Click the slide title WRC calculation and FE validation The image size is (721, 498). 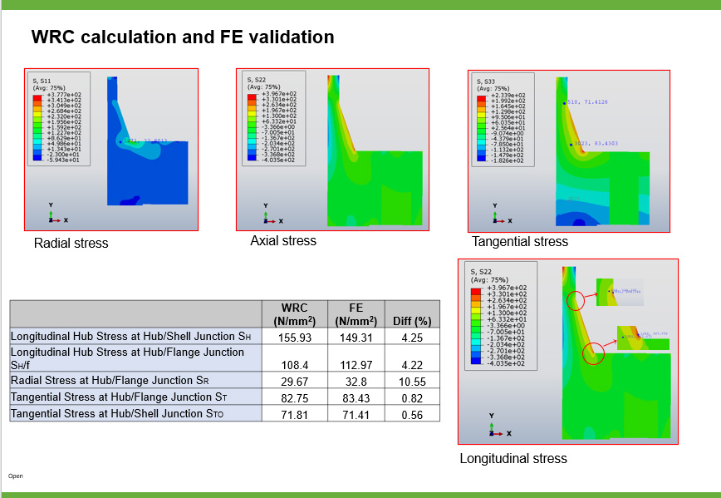pos(183,37)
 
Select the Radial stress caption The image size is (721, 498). pos(71,244)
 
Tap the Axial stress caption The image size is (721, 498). pos(283,241)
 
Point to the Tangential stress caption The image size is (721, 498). pos(520,242)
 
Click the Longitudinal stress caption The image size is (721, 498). pos(513,459)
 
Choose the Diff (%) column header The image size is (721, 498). pos(411,321)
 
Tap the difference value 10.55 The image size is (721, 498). pos(411,382)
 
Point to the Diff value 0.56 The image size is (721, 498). pos(411,414)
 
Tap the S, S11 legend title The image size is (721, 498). pos(42,81)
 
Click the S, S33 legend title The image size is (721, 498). pos(484,81)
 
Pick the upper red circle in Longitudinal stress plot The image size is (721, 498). pos(575,301)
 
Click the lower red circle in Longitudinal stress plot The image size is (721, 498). pos(593,355)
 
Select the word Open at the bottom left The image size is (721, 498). pos(16,476)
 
